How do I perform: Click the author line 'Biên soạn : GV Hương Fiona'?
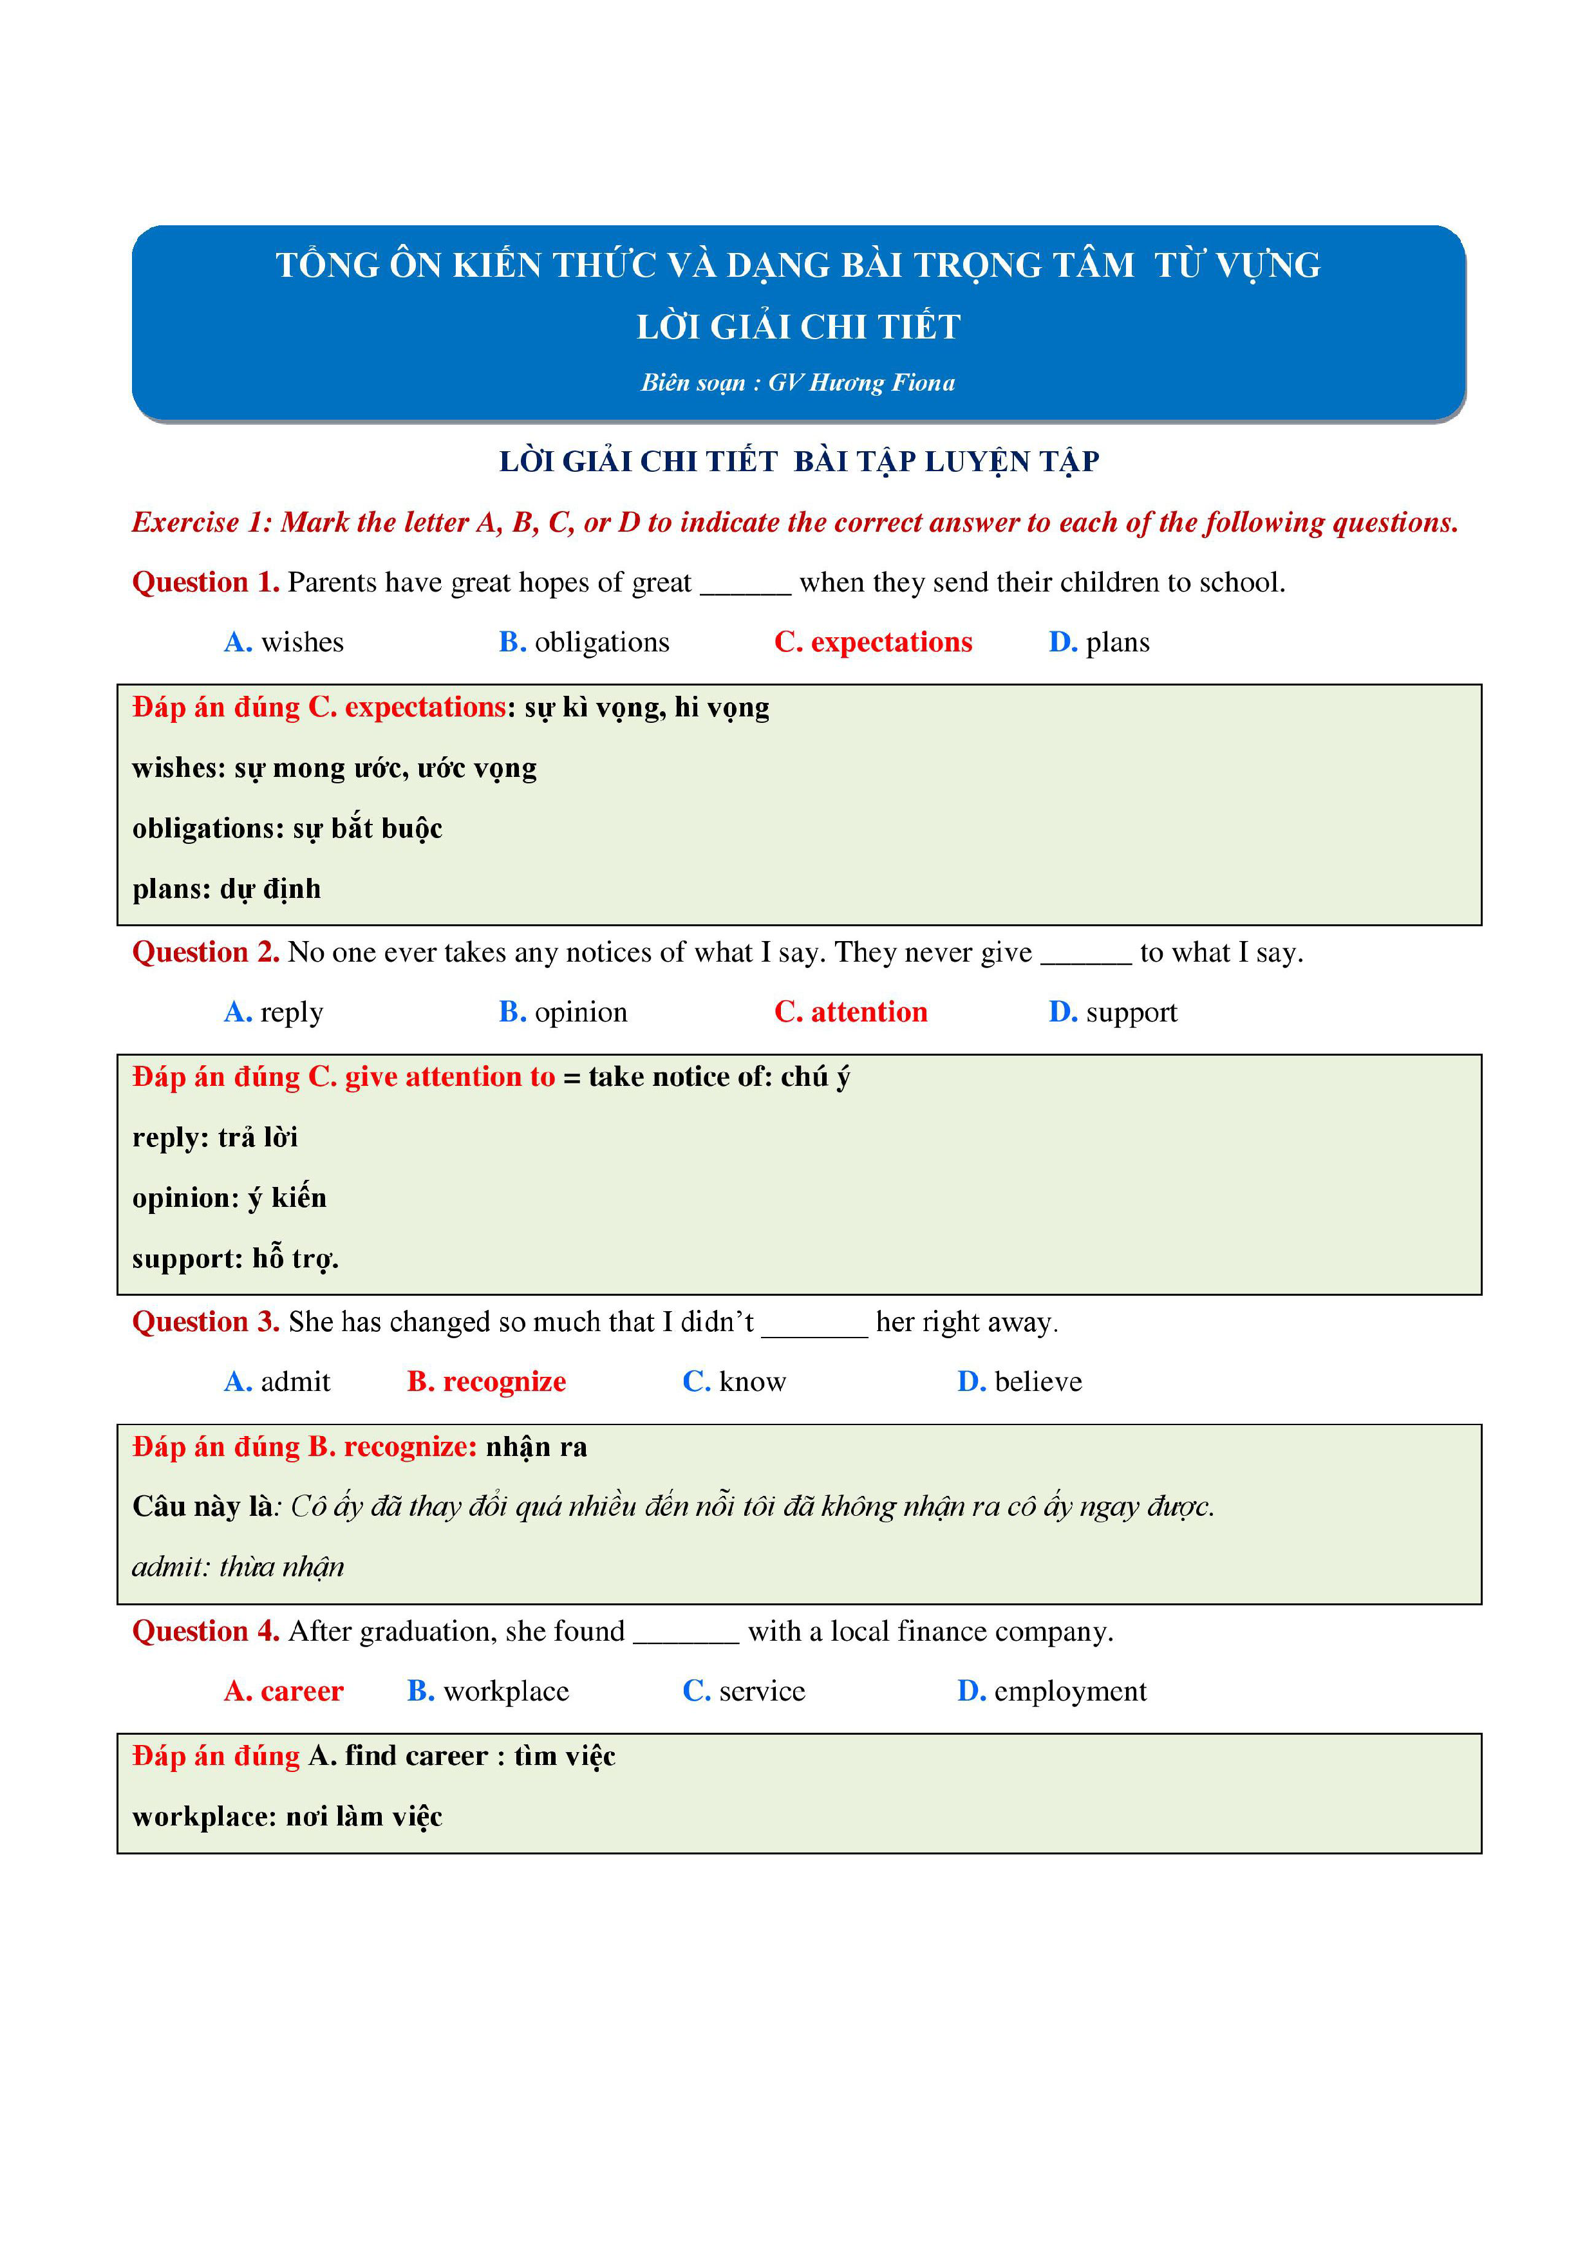pyautogui.click(x=798, y=382)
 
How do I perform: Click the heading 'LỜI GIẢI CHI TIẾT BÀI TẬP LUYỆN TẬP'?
pyautogui.click(x=798, y=462)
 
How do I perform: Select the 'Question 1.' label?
pyautogui.click(x=205, y=583)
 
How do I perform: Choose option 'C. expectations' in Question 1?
pyautogui.click(x=872, y=642)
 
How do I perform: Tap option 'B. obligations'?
pyautogui.click(x=583, y=642)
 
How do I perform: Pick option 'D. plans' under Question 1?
pyautogui.click(x=1098, y=642)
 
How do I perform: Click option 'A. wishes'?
pyautogui.click(x=283, y=642)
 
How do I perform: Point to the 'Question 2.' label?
pyautogui.click(x=205, y=952)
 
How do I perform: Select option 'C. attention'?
pyautogui.click(x=850, y=1012)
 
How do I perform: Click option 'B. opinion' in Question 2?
pyautogui.click(x=563, y=1012)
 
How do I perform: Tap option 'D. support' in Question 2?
pyautogui.click(x=1113, y=1012)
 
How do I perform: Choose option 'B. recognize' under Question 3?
pyautogui.click(x=486, y=1382)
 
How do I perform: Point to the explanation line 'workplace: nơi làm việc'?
pyautogui.click(x=287, y=1816)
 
